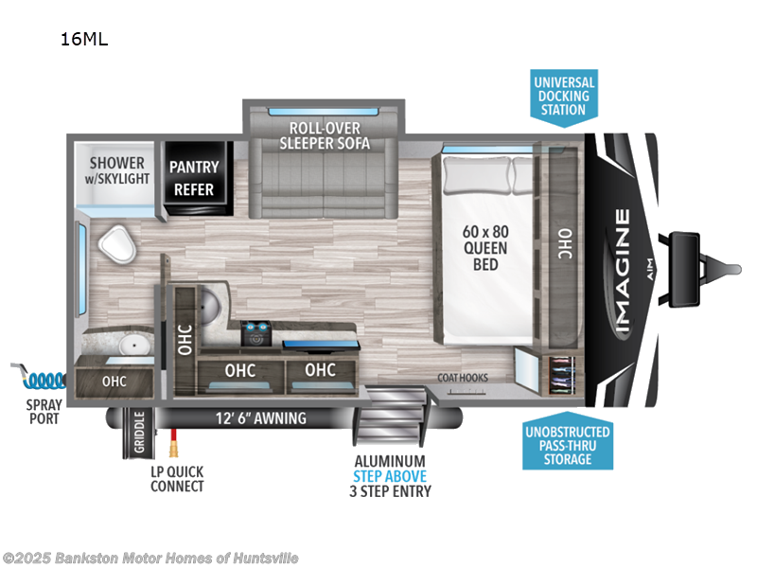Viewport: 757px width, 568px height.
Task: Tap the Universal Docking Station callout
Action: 562,96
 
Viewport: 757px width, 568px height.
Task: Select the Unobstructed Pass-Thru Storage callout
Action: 567,445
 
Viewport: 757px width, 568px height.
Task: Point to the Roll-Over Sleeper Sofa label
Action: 325,136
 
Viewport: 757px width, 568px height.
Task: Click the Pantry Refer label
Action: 194,177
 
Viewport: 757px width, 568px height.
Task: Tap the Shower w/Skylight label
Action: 119,170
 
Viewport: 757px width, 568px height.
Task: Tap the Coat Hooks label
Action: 463,377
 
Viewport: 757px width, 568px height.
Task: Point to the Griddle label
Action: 138,431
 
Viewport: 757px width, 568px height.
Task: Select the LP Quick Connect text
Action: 177,479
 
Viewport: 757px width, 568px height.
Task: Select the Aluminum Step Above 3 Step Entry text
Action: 390,476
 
